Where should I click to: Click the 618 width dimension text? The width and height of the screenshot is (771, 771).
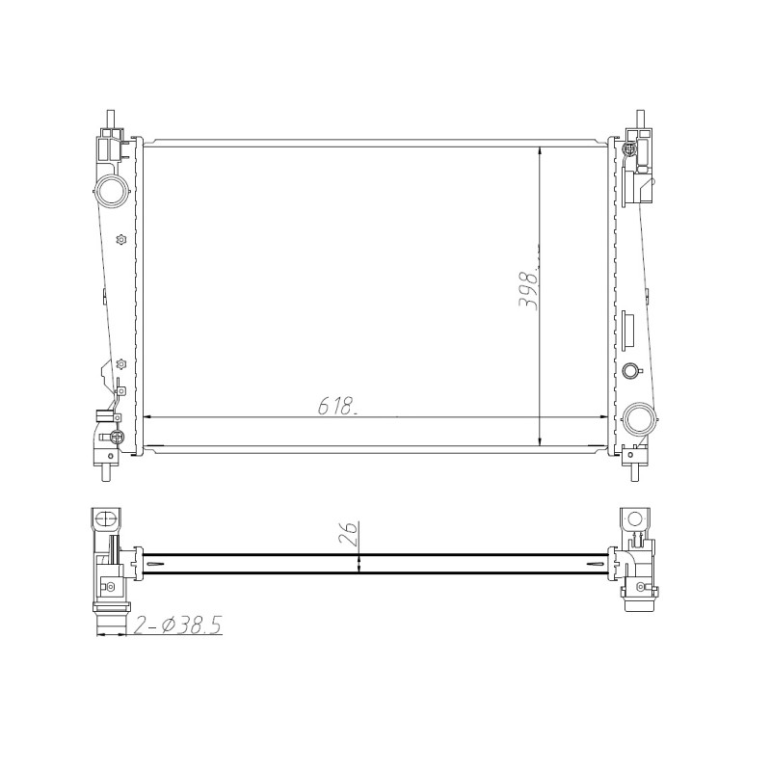(x=336, y=406)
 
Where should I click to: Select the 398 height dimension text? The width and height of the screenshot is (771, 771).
(x=528, y=289)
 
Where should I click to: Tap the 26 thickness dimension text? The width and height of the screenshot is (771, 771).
(x=348, y=532)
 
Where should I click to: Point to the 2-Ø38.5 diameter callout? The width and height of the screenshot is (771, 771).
(x=178, y=625)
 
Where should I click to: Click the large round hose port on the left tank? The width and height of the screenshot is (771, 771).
(x=111, y=190)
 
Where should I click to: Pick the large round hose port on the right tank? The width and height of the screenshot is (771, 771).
(x=639, y=418)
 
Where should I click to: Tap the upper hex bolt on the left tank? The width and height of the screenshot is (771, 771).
(x=120, y=239)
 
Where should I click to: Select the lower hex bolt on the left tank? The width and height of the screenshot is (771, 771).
(x=120, y=364)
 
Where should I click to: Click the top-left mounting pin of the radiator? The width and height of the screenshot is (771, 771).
(x=112, y=119)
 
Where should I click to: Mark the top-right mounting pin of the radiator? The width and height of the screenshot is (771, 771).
(x=640, y=119)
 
